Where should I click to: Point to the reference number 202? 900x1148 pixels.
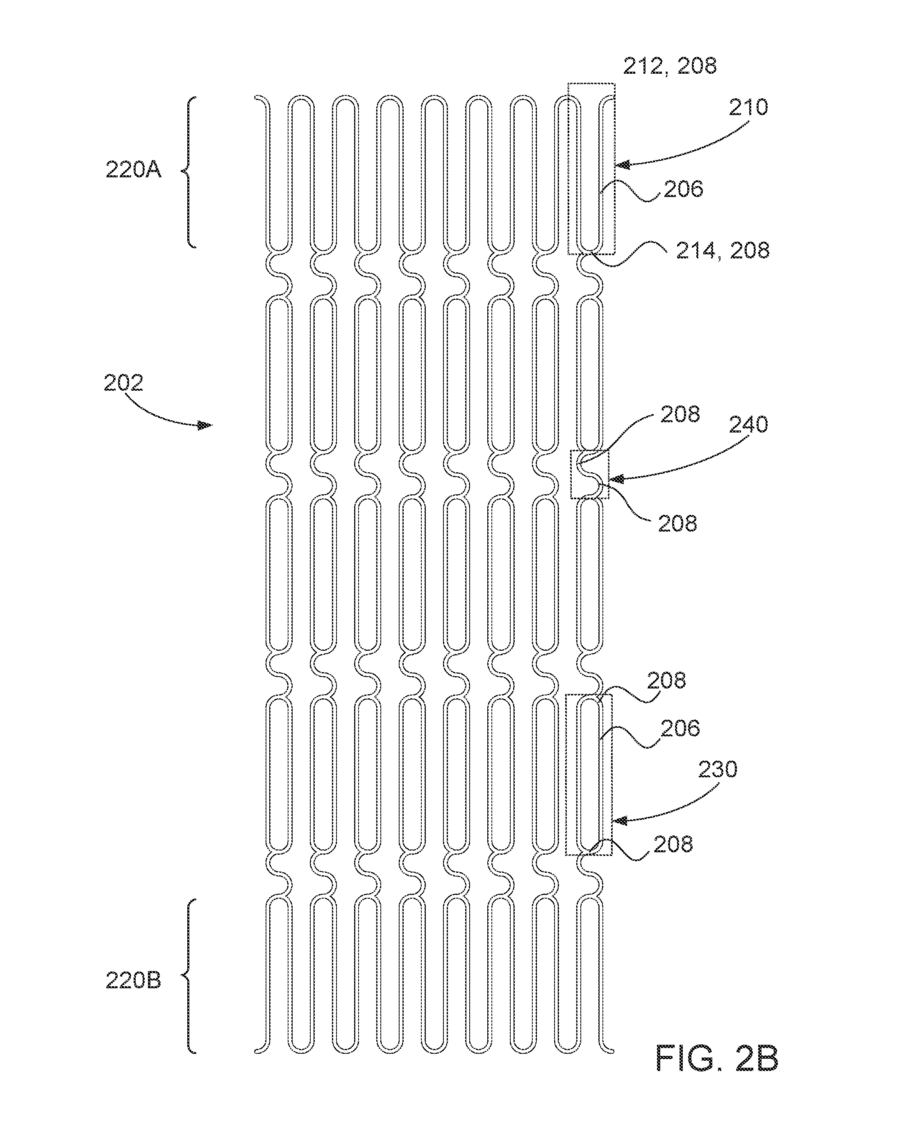[x=123, y=383]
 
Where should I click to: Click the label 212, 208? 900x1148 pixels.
[x=670, y=66]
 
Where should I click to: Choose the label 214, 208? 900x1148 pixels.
[x=723, y=250]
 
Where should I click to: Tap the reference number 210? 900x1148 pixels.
[x=749, y=107]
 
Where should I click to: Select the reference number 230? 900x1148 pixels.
[x=718, y=770]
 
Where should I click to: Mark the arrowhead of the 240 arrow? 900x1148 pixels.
[x=616, y=479]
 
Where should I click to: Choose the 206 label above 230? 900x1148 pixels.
[x=680, y=728]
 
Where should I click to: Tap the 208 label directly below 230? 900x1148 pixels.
[x=673, y=845]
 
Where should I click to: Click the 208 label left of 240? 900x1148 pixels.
[x=680, y=414]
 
